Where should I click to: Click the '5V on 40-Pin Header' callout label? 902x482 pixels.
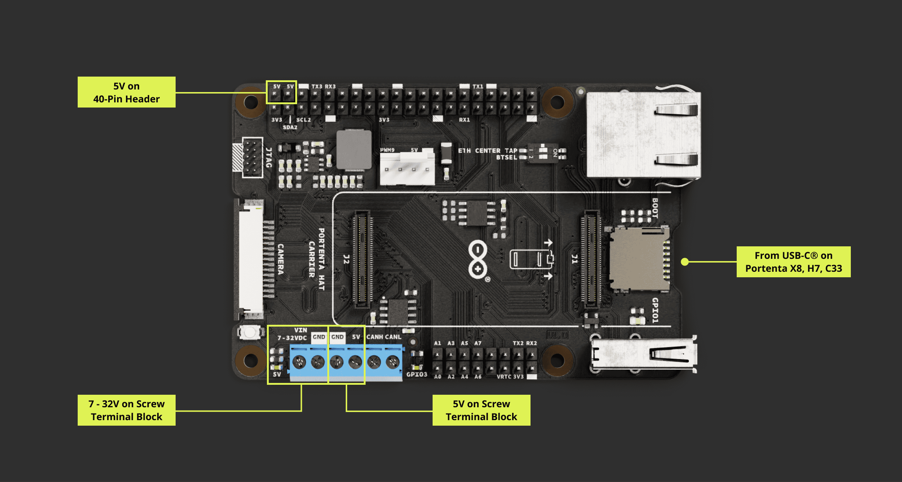click(126, 92)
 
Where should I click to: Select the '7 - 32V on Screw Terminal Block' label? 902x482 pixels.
click(126, 410)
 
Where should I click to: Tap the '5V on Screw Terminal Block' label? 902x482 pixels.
click(481, 410)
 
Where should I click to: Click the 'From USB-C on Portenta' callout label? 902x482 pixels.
click(793, 262)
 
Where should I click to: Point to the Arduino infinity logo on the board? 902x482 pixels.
click(478, 260)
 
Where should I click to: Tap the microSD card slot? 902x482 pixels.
click(639, 259)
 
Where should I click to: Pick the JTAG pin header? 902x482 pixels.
click(253, 158)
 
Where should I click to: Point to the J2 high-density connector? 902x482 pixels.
click(362, 260)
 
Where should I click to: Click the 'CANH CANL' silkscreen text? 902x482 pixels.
click(384, 337)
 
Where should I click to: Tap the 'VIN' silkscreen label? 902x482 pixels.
click(300, 330)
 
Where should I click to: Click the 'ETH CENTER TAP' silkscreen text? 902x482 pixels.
click(487, 151)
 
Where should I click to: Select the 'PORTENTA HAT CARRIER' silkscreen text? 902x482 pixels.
click(317, 259)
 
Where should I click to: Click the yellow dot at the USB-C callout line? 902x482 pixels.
click(685, 262)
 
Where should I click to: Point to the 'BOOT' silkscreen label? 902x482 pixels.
click(655, 208)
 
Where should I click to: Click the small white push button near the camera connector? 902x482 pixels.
click(250, 333)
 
